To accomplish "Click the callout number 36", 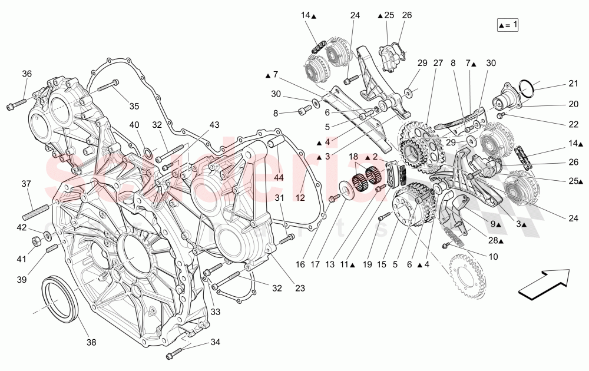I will click(x=27, y=74).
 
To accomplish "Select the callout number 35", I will click(x=134, y=106).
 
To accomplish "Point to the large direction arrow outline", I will click(x=544, y=281).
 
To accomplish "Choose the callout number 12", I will click(x=300, y=198).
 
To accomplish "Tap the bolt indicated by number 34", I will click(x=173, y=355).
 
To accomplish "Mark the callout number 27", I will click(x=438, y=62).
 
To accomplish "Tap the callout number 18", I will click(x=353, y=156).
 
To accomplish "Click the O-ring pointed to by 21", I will click(x=528, y=86).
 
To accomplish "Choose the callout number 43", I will click(x=213, y=125).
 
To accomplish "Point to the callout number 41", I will click(x=22, y=259).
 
